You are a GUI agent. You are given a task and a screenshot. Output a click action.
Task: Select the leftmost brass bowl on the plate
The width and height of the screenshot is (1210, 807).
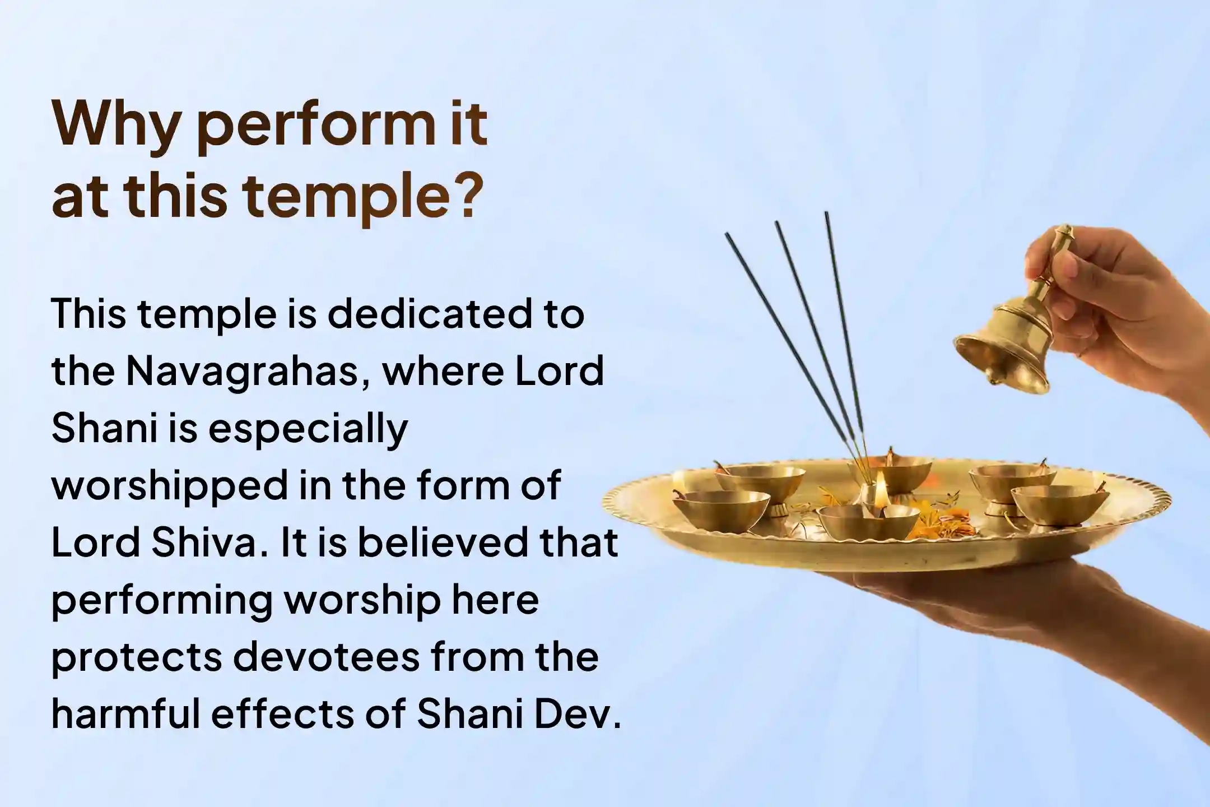coord(720,507)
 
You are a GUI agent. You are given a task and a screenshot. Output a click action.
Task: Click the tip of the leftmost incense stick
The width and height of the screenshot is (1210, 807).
coord(727,235)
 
